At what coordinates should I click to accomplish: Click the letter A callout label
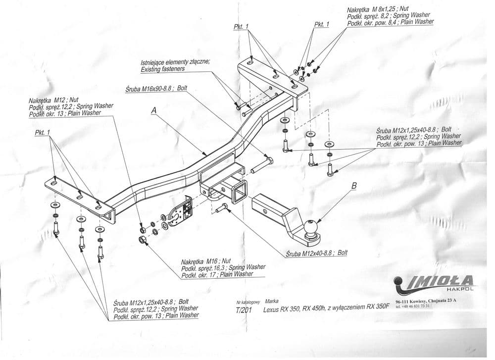click(154, 110)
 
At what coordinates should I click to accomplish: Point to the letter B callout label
click(354, 186)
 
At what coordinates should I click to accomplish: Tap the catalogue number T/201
click(244, 310)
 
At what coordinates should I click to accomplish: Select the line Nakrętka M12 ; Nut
click(53, 101)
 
